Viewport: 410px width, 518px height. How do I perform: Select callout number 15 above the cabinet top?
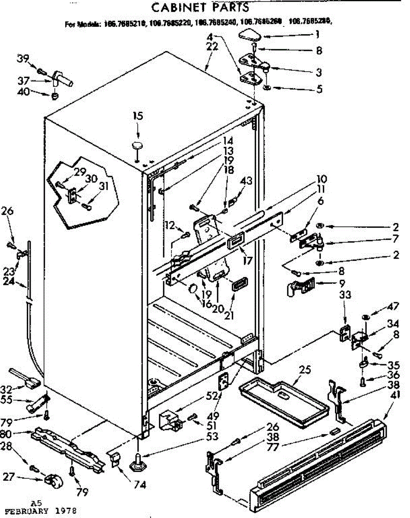(138, 116)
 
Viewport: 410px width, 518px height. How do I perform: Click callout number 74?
(140, 485)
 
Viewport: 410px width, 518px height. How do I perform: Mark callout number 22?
(212, 47)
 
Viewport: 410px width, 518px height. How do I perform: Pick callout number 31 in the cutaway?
(104, 186)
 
